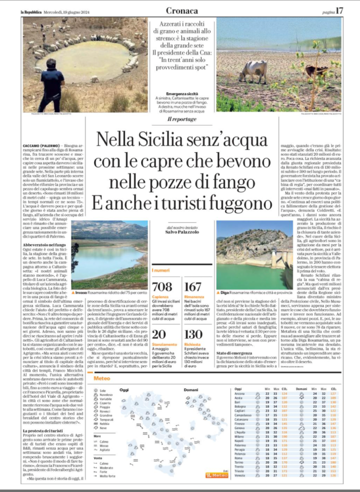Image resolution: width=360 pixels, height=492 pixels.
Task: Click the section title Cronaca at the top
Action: [182, 10]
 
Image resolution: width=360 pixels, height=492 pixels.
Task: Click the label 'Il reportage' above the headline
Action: [182, 119]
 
